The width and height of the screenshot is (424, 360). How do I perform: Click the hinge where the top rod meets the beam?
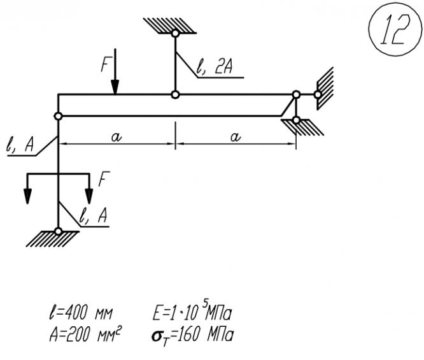[174, 96]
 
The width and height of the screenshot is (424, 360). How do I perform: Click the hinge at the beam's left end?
[58, 116]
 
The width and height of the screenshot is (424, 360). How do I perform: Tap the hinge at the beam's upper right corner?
[295, 96]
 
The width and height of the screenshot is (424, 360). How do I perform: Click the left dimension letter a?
[115, 138]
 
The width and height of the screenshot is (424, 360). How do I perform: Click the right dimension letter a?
[236, 138]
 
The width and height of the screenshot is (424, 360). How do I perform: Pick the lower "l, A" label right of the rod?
[94, 217]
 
